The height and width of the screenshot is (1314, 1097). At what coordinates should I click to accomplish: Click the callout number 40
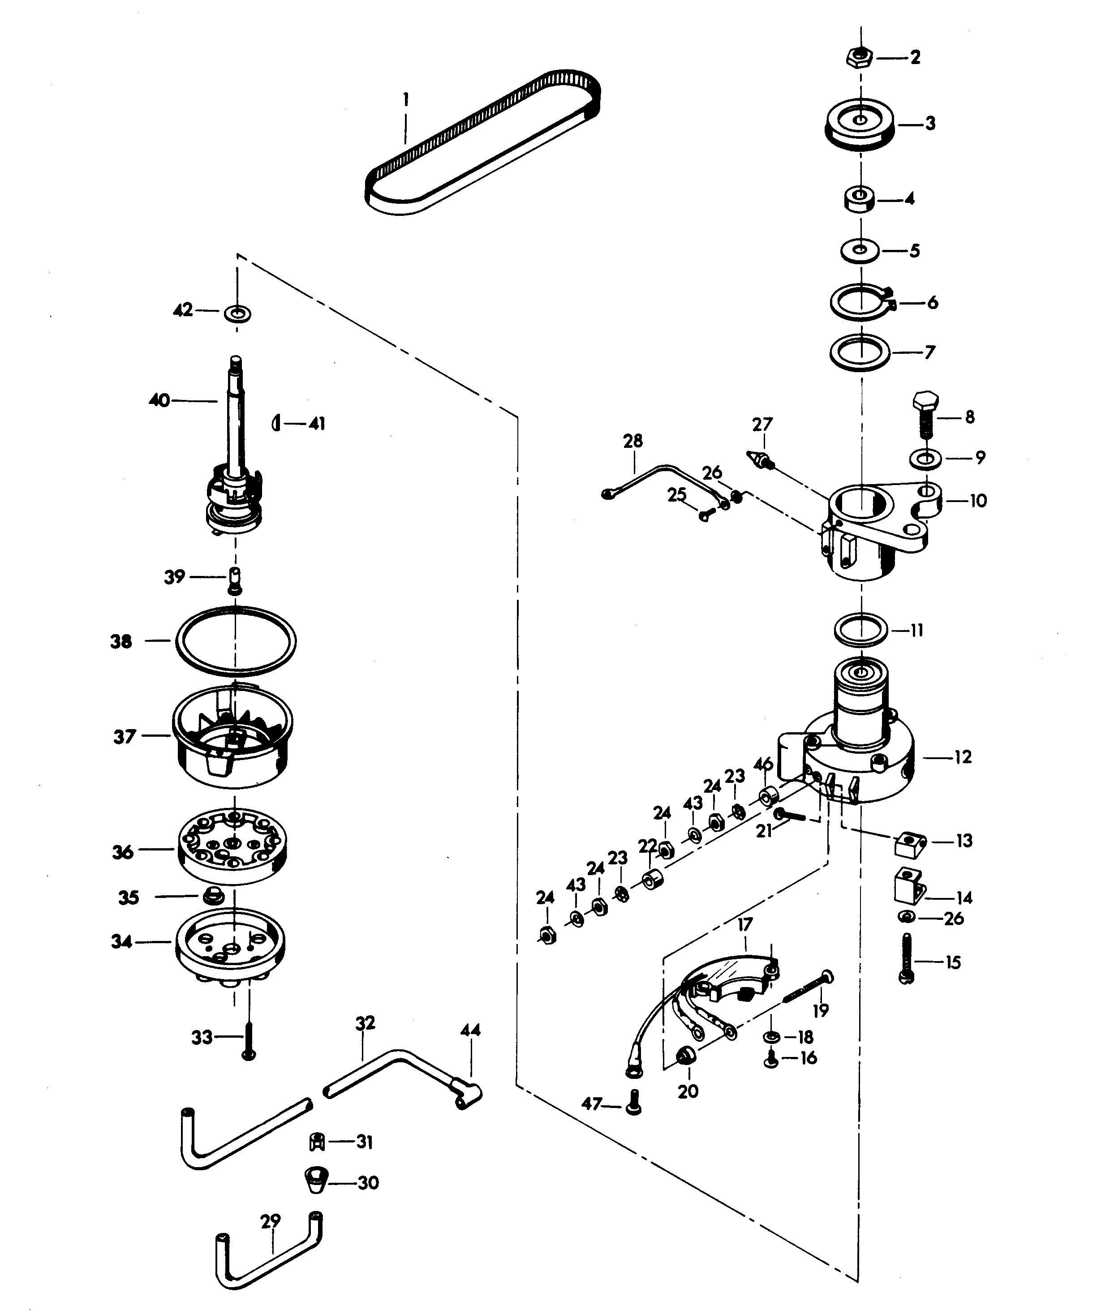click(x=159, y=400)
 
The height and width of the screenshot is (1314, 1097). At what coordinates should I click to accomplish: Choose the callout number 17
click(x=744, y=923)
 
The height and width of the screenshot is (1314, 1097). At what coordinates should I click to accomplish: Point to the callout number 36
click(x=123, y=852)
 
